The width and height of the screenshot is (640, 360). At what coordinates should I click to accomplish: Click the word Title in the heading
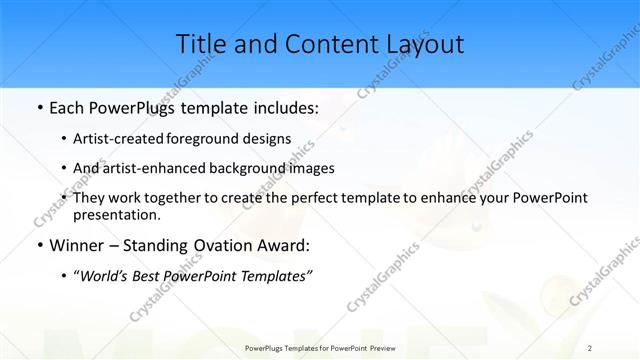(x=200, y=44)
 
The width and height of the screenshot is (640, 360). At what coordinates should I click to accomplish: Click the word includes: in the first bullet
(x=284, y=106)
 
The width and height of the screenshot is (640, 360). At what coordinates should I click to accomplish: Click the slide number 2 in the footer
(x=590, y=347)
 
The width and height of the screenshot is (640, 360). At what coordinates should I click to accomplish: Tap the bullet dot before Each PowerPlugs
(x=38, y=107)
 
